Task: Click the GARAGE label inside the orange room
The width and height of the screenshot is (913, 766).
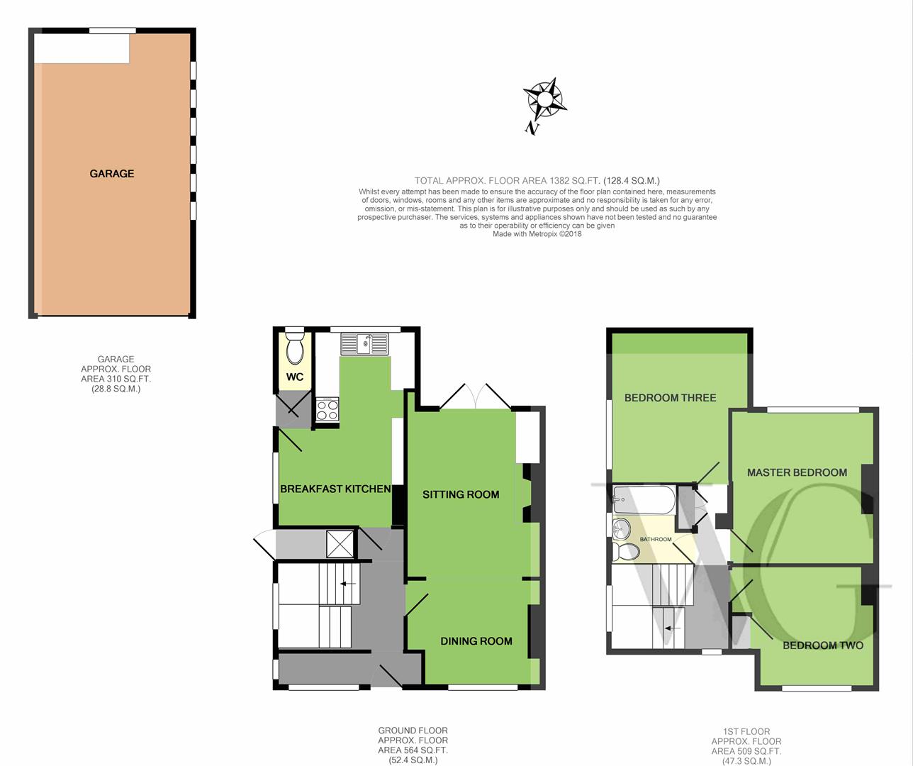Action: (112, 174)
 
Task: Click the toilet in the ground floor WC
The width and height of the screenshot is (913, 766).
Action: (295, 348)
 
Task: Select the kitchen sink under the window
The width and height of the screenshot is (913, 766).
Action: (364, 344)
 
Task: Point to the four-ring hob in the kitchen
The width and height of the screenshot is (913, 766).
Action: (327, 410)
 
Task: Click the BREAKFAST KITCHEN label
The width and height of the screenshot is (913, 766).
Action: (335, 489)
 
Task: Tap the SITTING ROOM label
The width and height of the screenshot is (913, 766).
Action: (461, 494)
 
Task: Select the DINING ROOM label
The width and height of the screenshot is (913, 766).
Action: (476, 641)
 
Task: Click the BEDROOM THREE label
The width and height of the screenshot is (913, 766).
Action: (671, 398)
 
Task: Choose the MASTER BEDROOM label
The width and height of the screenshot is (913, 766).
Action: (797, 472)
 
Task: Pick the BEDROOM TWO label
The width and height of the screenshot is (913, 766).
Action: (823, 645)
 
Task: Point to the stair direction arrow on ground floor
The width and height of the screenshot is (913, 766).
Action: (348, 583)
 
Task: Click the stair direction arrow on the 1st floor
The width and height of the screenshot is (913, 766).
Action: (673, 628)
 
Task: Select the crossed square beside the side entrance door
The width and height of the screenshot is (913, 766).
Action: (340, 544)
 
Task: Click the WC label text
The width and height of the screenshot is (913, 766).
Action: (295, 377)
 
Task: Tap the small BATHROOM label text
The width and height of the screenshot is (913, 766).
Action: (656, 540)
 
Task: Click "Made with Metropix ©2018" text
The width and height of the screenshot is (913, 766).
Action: (537, 234)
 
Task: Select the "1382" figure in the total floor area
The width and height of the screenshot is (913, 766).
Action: (561, 180)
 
